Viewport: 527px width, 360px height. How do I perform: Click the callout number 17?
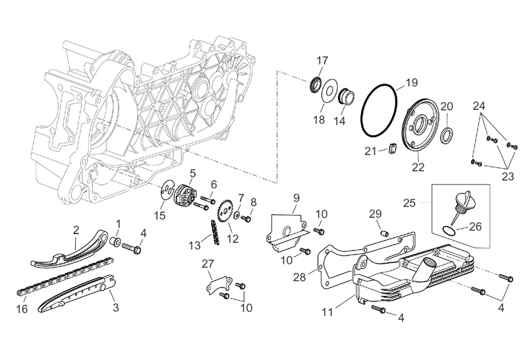322,61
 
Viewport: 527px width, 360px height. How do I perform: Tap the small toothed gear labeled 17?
315,86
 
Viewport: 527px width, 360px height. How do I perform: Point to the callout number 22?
418,167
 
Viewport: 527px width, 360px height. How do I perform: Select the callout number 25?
410,203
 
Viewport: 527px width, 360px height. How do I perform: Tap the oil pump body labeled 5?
184,195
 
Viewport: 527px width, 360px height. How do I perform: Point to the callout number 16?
22,309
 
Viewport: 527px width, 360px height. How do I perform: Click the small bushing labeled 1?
116,241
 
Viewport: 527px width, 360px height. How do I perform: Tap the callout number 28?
300,277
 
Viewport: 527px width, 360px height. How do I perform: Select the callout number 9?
296,198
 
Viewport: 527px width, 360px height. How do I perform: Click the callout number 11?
327,313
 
